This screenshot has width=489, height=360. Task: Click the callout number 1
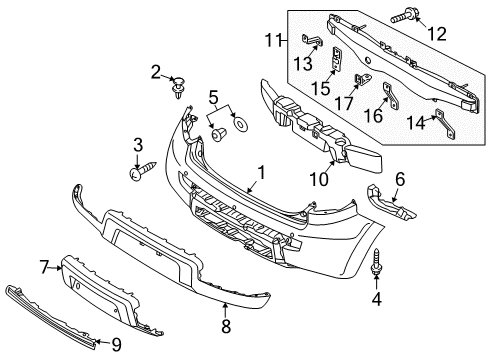pos(259,173)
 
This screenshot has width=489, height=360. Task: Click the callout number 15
pos(321,89)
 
